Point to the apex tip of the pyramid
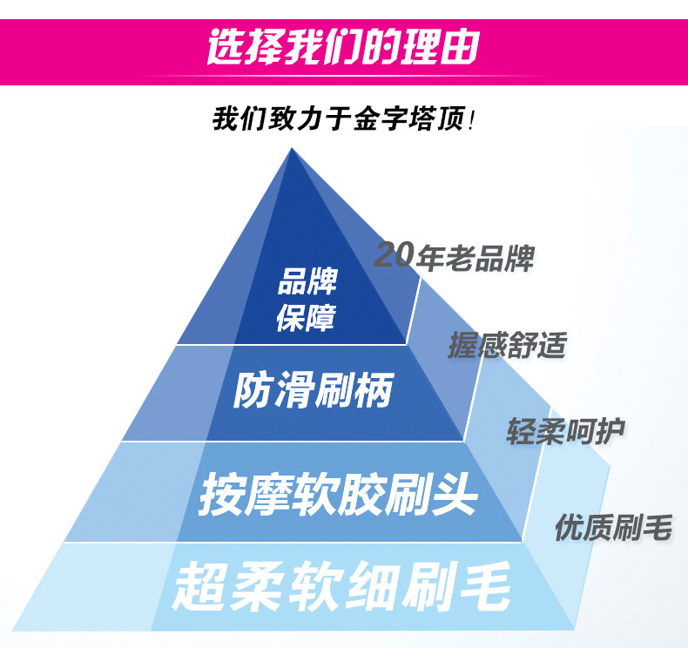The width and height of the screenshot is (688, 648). [292, 150]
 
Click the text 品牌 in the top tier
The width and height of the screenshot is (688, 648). [307, 283]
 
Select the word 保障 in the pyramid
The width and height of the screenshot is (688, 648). [307, 318]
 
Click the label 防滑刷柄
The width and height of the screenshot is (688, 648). [314, 391]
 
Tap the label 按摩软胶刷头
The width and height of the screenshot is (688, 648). [338, 494]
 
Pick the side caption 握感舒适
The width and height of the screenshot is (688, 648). [507, 346]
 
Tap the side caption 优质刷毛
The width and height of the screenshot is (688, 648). [613, 527]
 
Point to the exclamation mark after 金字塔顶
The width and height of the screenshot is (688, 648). [471, 119]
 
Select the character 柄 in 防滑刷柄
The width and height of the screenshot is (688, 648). [373, 391]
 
